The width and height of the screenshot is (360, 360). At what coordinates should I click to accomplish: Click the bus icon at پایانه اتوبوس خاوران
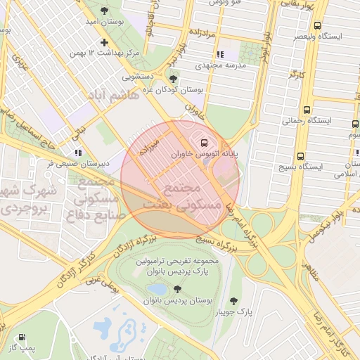pyautogui.click(x=195, y=140)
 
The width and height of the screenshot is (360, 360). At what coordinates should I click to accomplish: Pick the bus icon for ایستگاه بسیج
pyautogui.click(x=300, y=156)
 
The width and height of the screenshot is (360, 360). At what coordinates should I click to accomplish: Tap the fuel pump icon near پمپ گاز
pyautogui.click(x=23, y=337)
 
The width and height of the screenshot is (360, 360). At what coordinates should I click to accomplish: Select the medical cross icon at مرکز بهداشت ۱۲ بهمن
pyautogui.click(x=104, y=42)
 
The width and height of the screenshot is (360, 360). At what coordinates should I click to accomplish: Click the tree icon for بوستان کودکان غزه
pyautogui.click(x=173, y=79)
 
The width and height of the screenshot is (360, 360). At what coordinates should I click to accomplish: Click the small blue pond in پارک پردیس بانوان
pyautogui.click(x=157, y=289)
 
